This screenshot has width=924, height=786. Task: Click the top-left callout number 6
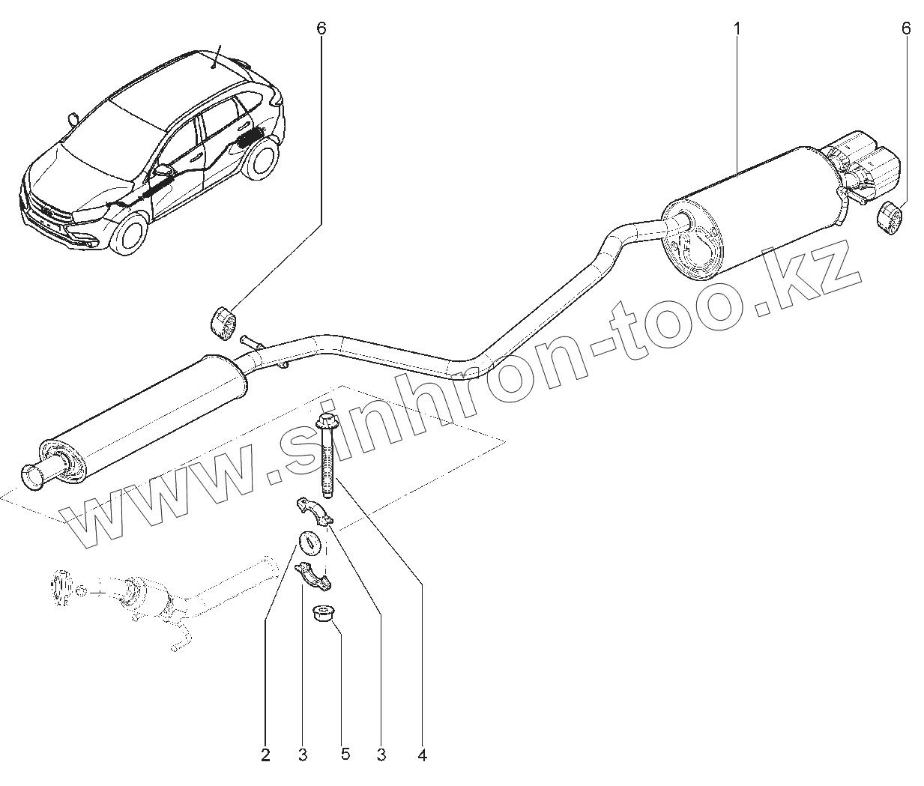[x=321, y=28]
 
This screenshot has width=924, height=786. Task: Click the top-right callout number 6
[x=906, y=28]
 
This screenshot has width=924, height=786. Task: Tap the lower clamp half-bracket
[x=315, y=575]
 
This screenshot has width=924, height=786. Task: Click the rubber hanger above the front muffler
[x=222, y=323]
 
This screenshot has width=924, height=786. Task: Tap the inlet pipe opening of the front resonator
[x=34, y=477]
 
